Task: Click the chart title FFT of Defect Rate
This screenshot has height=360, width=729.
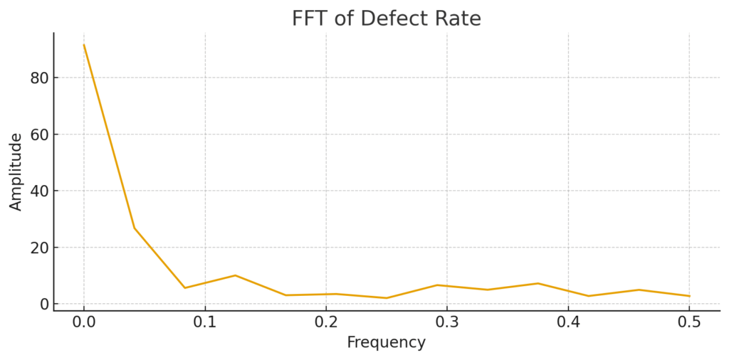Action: click(386, 18)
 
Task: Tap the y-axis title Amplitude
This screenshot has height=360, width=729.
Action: click(16, 171)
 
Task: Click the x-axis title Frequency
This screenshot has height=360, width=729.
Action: click(386, 342)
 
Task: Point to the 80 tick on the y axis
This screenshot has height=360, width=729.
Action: click(38, 78)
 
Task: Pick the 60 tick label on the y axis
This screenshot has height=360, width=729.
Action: click(38, 134)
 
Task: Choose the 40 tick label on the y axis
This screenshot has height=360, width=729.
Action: click(38, 191)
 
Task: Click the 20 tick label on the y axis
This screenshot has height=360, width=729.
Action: click(38, 248)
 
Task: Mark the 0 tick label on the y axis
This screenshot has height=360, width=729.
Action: click(43, 304)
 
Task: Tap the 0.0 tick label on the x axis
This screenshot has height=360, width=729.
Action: click(84, 322)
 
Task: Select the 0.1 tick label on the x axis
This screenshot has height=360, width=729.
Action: click(205, 322)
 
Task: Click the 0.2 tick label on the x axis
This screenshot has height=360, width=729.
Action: click(326, 322)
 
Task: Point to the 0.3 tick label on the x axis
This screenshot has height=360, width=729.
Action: click(447, 322)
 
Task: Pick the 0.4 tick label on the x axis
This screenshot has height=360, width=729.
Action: click(568, 322)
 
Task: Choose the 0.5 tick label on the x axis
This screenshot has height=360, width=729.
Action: click(689, 322)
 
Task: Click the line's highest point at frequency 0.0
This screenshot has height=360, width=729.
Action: click(84, 45)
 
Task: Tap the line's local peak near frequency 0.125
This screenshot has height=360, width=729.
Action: click(235, 275)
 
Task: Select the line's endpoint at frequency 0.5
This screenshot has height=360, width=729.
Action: click(689, 296)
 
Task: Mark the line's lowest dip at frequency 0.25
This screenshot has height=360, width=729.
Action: click(387, 298)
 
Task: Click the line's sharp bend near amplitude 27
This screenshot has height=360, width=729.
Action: click(134, 228)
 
